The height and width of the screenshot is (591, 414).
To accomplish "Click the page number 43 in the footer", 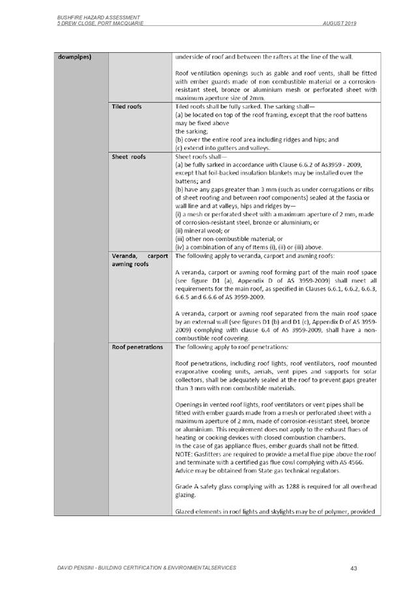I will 353,568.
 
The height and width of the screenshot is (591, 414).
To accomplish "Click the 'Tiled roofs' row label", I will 126,106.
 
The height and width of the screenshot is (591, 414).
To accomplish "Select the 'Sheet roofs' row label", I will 128,156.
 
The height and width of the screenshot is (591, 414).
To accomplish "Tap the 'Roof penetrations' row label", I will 137,347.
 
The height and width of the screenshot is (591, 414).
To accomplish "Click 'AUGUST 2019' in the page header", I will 340,23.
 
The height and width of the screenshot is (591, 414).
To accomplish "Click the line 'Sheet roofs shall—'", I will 200,156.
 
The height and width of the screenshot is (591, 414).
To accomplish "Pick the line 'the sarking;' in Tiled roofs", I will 193,130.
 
